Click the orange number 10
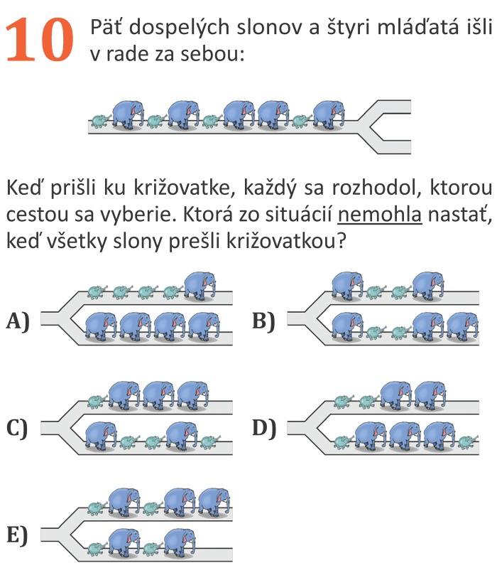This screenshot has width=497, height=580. (x=41, y=39)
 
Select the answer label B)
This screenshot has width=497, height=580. (x=264, y=321)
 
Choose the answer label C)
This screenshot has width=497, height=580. (x=18, y=429)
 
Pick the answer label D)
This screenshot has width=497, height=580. (x=264, y=429)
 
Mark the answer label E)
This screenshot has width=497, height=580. (x=18, y=535)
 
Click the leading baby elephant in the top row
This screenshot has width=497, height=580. (x=302, y=122)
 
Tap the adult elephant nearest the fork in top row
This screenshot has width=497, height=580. (x=328, y=114)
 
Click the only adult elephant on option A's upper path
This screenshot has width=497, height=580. (x=200, y=286)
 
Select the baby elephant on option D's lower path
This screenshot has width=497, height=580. (x=466, y=442)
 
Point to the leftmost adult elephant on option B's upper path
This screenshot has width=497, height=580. (x=347, y=286)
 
